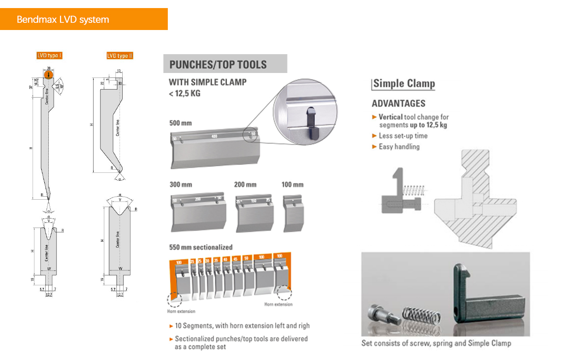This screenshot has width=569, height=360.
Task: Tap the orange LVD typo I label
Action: (49, 56)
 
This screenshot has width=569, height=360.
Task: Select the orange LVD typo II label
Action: (120, 56)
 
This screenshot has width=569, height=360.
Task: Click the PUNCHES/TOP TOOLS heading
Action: (218, 64)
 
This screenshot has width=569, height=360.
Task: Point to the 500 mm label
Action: (181, 123)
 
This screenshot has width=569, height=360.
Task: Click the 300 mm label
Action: (181, 184)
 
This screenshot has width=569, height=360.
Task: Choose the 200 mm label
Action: (245, 184)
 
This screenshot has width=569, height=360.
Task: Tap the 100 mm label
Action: (292, 184)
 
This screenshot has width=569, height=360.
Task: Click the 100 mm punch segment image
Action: (293, 214)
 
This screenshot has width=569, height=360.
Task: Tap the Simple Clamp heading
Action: (404, 84)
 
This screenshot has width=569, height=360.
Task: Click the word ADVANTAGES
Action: (398, 103)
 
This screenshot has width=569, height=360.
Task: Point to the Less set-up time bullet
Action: (403, 136)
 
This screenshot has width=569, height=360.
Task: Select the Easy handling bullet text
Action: (399, 146)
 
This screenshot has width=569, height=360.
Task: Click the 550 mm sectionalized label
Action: (201, 247)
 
